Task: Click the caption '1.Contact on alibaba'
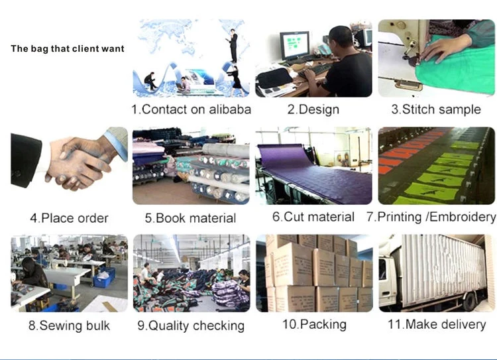191,109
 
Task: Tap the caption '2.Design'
313,109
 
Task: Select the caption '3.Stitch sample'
435,109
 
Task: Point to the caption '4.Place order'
69,217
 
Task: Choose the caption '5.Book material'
190,217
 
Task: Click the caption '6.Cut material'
313,217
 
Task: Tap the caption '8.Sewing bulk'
69,326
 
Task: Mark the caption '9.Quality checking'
191,326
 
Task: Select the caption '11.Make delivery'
437,324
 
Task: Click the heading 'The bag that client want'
68,49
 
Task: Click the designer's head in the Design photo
339,38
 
